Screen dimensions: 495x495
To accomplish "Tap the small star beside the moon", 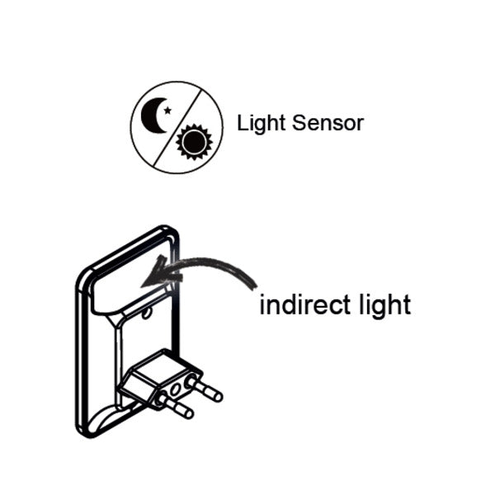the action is tap(167, 111).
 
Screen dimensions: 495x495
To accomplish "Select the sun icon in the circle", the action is tap(194, 141).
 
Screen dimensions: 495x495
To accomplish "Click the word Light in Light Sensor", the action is tap(261, 122).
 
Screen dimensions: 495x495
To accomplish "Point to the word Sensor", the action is tap(328, 123).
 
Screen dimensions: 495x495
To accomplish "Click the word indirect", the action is tap(305, 304).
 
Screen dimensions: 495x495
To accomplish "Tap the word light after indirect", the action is tap(385, 305).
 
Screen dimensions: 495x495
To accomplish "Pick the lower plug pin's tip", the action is tap(189, 413).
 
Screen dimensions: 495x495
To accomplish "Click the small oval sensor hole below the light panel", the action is tap(146, 313).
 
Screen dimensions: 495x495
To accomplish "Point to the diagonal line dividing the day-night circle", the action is tap(177, 128).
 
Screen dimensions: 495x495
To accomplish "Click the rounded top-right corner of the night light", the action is tap(172, 233).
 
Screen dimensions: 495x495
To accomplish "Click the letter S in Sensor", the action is tap(299, 123).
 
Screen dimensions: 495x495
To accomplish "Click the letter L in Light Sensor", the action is tap(242, 122).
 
